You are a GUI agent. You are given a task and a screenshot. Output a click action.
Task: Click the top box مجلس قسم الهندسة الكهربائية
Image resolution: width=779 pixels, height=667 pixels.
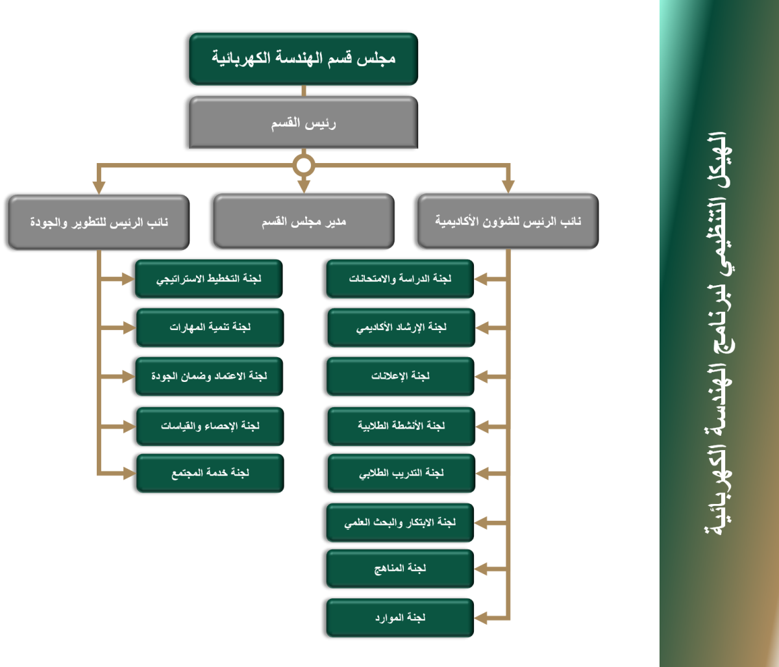303,58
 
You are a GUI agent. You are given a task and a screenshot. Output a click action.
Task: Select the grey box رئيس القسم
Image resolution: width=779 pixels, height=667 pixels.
303,122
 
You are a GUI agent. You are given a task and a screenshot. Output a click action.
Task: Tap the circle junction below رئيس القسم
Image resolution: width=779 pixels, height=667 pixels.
303,165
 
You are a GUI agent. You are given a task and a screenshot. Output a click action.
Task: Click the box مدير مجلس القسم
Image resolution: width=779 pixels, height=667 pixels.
303,221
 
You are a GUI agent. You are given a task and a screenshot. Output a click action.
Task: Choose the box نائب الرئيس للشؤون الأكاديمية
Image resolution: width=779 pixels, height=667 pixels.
508,221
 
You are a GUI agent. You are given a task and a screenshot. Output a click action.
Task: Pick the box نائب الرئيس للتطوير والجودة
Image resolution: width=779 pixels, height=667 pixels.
99,222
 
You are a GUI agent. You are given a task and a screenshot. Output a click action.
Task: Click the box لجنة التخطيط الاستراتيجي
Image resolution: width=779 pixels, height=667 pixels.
208,279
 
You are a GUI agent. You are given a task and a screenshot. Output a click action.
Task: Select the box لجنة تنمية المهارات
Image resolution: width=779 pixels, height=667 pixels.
210,327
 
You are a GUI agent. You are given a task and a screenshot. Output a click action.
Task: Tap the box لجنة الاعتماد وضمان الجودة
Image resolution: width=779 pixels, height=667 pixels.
208,377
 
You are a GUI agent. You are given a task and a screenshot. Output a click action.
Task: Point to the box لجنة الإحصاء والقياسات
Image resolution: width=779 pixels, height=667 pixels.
210,426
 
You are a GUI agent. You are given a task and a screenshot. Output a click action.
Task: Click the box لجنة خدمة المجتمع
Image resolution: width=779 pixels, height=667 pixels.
210,473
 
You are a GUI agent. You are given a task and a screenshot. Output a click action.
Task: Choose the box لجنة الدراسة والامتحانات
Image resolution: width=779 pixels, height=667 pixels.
400,279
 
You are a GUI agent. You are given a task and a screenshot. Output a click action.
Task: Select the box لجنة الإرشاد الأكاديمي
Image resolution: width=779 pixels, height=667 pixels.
401,327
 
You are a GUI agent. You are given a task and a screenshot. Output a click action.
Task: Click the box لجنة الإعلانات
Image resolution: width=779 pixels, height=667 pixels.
400,377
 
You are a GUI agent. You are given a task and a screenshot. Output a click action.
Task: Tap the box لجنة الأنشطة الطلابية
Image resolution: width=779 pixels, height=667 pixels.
401,426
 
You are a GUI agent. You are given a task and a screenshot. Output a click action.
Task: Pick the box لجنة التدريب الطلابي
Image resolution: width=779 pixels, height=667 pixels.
401,473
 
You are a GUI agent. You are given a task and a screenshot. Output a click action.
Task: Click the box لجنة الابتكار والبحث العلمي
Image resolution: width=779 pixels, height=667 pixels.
400,522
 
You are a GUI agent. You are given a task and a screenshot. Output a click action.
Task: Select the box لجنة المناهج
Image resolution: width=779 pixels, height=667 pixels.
400,569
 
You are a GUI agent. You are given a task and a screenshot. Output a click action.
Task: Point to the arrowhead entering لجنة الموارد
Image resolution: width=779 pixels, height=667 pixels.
482,618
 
